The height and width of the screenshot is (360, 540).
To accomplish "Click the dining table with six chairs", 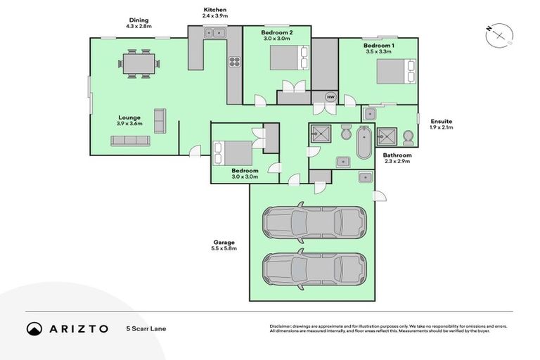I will point(139,63).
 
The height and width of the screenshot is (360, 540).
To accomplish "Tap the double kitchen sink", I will point(214,32).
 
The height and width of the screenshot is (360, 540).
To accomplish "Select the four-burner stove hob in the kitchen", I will point(233,63).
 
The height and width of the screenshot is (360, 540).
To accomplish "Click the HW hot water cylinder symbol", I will point(330,96).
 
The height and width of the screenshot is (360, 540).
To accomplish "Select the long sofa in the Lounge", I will point(130,141).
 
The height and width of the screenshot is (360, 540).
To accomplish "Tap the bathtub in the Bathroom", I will point(364,143).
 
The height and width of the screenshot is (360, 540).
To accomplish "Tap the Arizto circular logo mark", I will point(34,328).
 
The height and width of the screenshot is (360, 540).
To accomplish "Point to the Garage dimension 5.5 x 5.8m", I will point(224,248).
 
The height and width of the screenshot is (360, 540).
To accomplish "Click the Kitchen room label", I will point(215,8).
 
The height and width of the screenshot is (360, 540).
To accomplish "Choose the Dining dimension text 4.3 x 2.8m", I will point(139,26).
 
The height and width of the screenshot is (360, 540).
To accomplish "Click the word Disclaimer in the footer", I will point(281,326).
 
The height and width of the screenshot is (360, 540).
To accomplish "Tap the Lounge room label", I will point(129,117).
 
